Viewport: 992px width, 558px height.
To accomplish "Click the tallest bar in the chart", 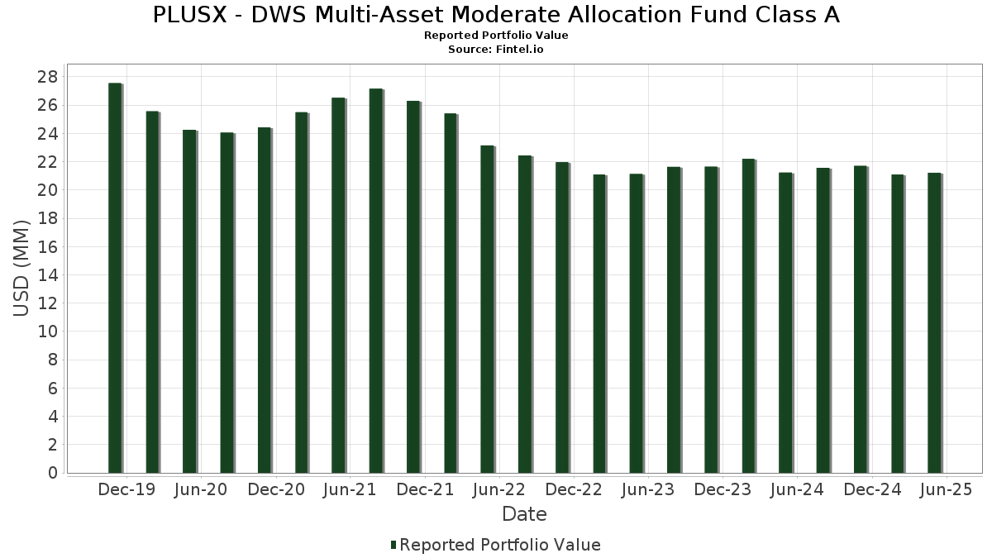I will click(x=115, y=278).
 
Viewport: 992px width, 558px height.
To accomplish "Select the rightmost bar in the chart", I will click(x=934, y=322).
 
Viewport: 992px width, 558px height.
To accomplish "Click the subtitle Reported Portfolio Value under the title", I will click(x=496, y=36).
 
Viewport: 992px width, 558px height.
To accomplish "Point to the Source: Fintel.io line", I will click(x=496, y=50).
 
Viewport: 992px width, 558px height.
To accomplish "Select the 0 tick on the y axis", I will click(x=52, y=473).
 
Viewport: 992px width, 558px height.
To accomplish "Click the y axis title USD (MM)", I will click(x=22, y=268).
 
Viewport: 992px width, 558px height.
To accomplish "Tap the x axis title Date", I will click(x=524, y=514).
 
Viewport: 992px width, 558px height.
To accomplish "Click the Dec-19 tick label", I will click(x=126, y=490).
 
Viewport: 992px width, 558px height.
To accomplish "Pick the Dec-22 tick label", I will click(x=573, y=490).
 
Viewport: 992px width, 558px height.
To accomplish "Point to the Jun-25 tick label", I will click(x=945, y=490).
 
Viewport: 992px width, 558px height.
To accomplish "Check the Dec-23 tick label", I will click(x=723, y=490).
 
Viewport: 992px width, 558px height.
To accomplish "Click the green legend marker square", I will click(x=393, y=545).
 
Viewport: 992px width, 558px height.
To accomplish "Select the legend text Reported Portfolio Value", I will click(x=500, y=545).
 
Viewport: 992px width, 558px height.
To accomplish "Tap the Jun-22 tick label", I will click(x=498, y=490).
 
